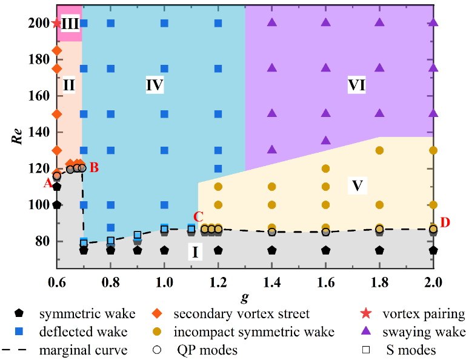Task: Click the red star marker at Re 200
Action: click(x=57, y=24)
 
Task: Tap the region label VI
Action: click(x=357, y=85)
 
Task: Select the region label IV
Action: click(x=155, y=85)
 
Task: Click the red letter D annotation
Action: click(x=445, y=222)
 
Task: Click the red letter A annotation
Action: click(x=47, y=184)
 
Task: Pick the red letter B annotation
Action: click(x=94, y=168)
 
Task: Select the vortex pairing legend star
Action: click(x=365, y=314)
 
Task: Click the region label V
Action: click(x=357, y=185)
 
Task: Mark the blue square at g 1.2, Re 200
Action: click(x=218, y=24)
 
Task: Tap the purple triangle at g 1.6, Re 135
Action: click(x=325, y=141)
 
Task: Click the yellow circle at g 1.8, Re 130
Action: click(x=379, y=150)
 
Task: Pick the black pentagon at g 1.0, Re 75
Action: click(x=164, y=250)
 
